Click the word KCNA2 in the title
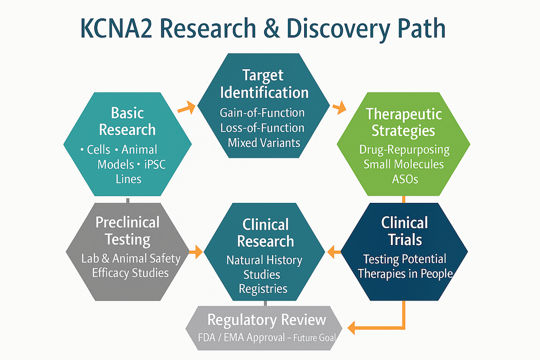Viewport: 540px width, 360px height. coord(116,28)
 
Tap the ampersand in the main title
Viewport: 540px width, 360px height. coord(272,28)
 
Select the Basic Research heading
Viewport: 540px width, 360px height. coord(128,121)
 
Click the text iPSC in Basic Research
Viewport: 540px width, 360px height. coord(155,164)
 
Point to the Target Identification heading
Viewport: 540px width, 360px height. coord(264,84)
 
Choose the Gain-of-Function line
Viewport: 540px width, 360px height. coord(262,113)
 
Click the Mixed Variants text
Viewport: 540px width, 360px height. coord(264,142)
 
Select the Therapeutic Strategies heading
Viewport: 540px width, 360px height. coord(403,122)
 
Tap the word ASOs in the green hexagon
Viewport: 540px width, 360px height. coord(405,179)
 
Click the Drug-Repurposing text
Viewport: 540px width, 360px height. coord(404,150)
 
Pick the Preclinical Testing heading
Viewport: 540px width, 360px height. coord(128,231)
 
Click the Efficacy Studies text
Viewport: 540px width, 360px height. coord(130,273)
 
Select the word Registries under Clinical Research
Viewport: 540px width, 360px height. coord(263,289)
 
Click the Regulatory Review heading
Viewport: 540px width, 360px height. coord(266,320)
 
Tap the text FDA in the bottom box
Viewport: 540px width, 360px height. coord(207,337)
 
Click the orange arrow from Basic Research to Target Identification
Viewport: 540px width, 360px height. coord(186,108)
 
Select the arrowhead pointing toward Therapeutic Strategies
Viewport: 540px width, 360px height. coord(341,107)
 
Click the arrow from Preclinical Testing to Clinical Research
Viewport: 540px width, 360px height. coord(196,251)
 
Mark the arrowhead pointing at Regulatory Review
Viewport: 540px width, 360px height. coord(352,327)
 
